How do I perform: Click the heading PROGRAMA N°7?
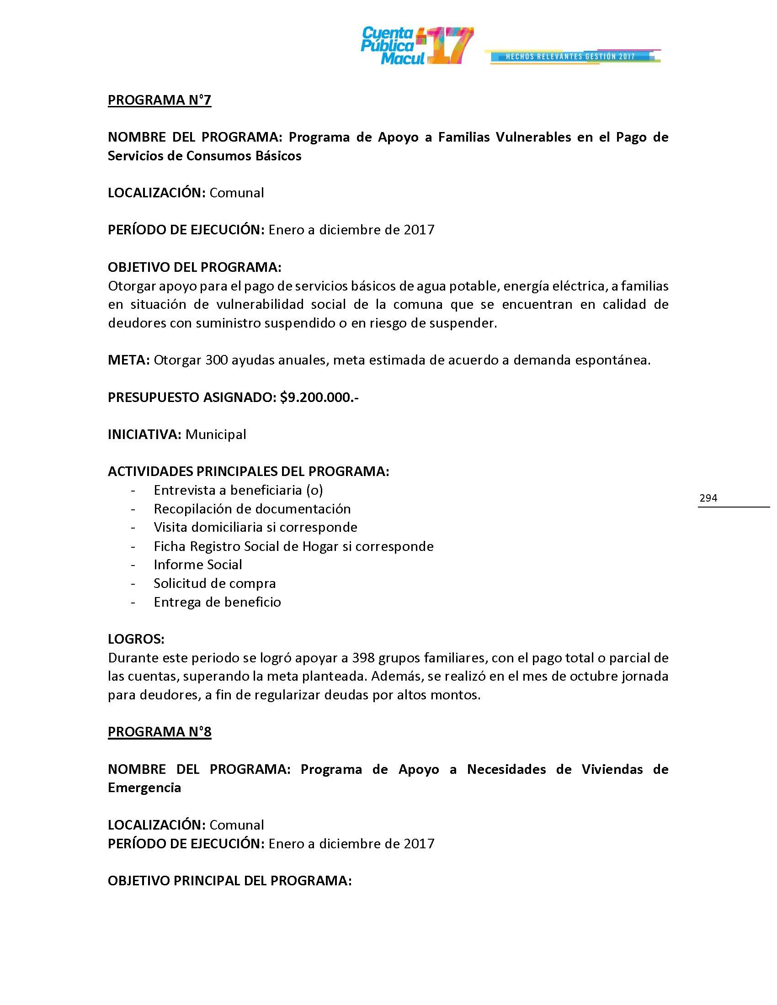coord(159,100)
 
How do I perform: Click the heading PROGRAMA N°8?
coord(159,732)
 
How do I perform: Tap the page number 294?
coord(708,498)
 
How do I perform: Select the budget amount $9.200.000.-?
coord(319,397)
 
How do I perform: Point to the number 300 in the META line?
coord(216,360)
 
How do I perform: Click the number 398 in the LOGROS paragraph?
coord(363,658)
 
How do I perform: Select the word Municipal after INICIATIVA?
coord(215,435)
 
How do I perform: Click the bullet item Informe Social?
coord(197,565)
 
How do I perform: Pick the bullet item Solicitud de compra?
coord(214,583)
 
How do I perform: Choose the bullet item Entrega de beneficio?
coord(217,603)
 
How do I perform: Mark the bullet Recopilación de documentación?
coord(252,509)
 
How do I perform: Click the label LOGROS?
coord(136,639)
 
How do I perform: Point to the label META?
coord(128,360)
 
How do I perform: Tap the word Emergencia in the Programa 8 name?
coord(144,788)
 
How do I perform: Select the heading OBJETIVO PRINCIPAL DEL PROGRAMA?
coord(230,881)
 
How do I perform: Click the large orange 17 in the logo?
coord(449,46)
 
